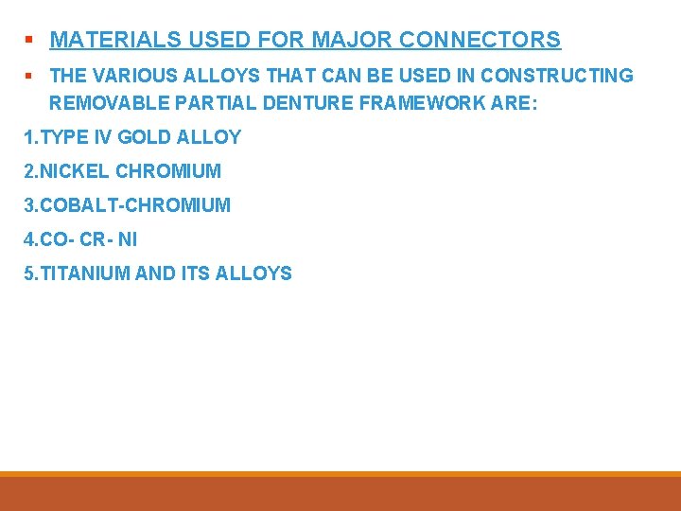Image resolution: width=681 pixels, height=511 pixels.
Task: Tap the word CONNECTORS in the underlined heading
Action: pos(480,40)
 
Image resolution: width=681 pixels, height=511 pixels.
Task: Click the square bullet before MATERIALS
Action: pos(29,41)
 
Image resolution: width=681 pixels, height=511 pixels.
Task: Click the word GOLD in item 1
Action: pos(147,137)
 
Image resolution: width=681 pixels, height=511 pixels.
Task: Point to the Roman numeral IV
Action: pos(102,137)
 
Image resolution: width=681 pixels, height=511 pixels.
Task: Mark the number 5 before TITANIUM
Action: pos(28,273)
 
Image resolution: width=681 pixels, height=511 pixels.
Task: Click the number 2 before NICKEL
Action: pos(28,171)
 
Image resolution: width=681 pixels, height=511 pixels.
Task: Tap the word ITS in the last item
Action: pos(196,273)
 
